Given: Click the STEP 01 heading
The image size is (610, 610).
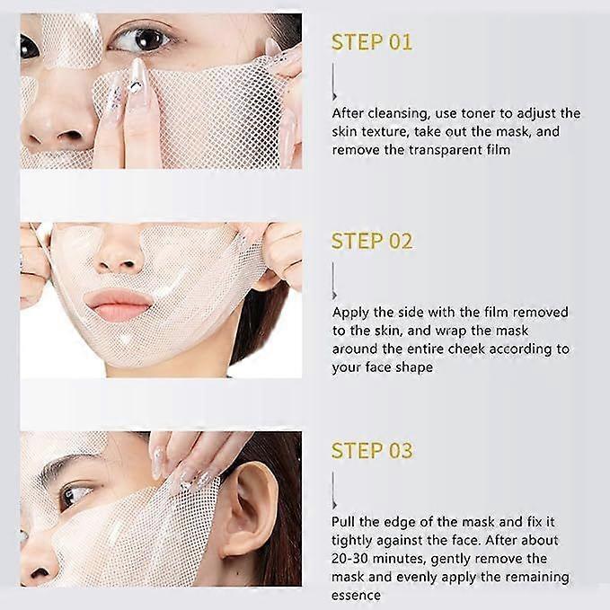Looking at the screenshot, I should (371, 42).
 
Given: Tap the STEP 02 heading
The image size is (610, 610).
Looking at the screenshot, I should (371, 241).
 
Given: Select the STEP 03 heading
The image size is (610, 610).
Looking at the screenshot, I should (371, 450).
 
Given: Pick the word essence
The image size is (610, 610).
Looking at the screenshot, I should (357, 595).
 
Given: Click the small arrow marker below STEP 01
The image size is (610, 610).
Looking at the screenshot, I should (334, 95).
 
